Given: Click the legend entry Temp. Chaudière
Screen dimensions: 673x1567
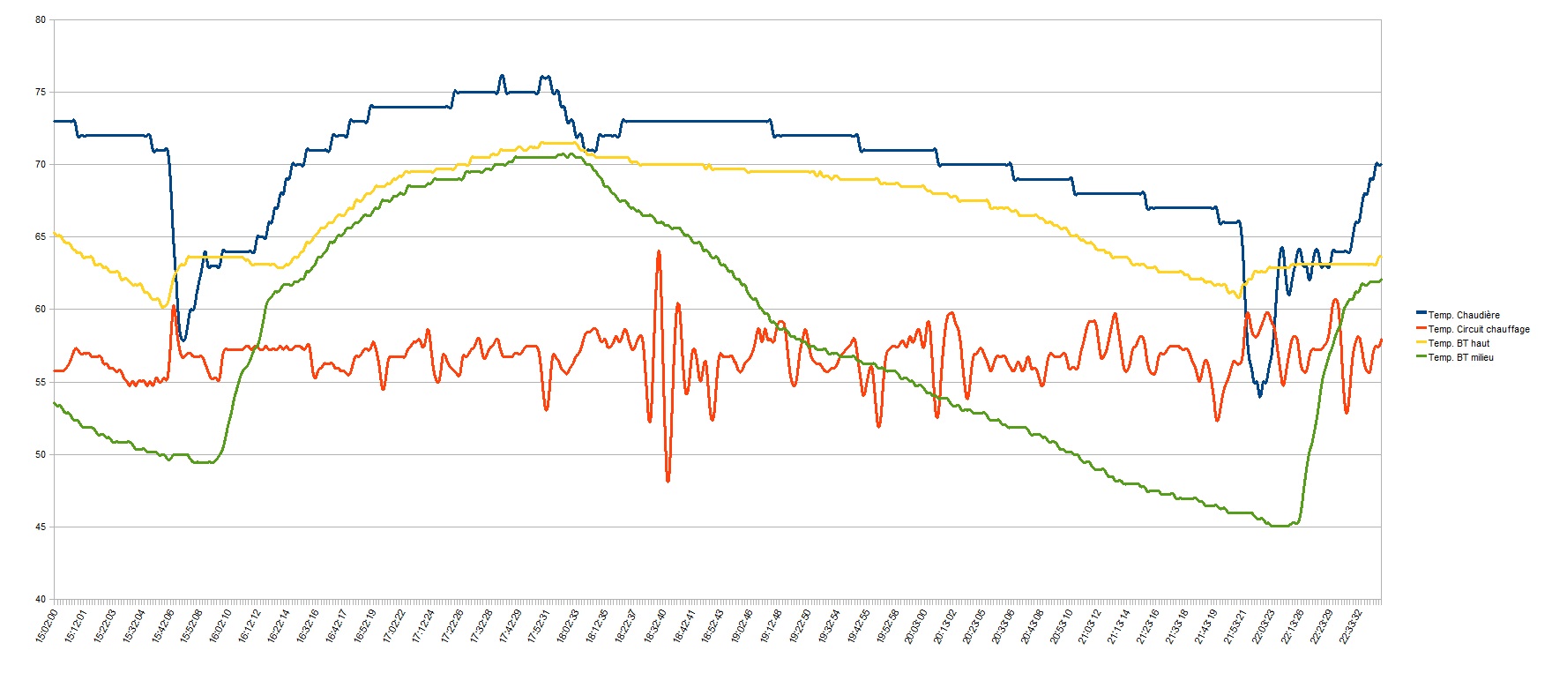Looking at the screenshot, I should pos(1463,315).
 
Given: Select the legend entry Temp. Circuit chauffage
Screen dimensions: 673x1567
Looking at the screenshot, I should pos(1478,329).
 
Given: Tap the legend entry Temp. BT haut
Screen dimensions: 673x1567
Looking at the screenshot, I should pos(1459,343).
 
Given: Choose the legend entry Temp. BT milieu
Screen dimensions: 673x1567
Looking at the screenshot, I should pos(1460,357).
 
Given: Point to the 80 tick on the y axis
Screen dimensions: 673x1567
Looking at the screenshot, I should pos(41,20).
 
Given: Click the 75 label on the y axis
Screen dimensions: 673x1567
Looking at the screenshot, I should pos(41,93).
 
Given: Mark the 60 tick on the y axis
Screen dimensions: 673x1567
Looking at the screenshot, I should pos(41,310).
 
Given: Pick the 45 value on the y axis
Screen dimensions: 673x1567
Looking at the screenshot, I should pos(41,527).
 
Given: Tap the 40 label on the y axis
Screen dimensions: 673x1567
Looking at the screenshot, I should pos(41,600).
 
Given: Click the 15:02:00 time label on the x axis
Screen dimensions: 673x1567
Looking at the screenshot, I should pos(48,625).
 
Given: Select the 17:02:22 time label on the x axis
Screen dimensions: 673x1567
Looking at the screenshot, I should pos(394,625).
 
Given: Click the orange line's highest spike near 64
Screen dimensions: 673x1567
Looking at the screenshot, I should pos(658,252).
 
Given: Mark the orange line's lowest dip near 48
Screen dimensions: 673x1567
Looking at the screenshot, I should pos(668,481).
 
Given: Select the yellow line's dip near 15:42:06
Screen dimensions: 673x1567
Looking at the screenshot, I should pos(163,306).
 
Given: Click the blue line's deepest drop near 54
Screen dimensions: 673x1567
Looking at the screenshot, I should pos(1260,396).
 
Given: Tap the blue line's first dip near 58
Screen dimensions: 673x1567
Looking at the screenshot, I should pos(183,340).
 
